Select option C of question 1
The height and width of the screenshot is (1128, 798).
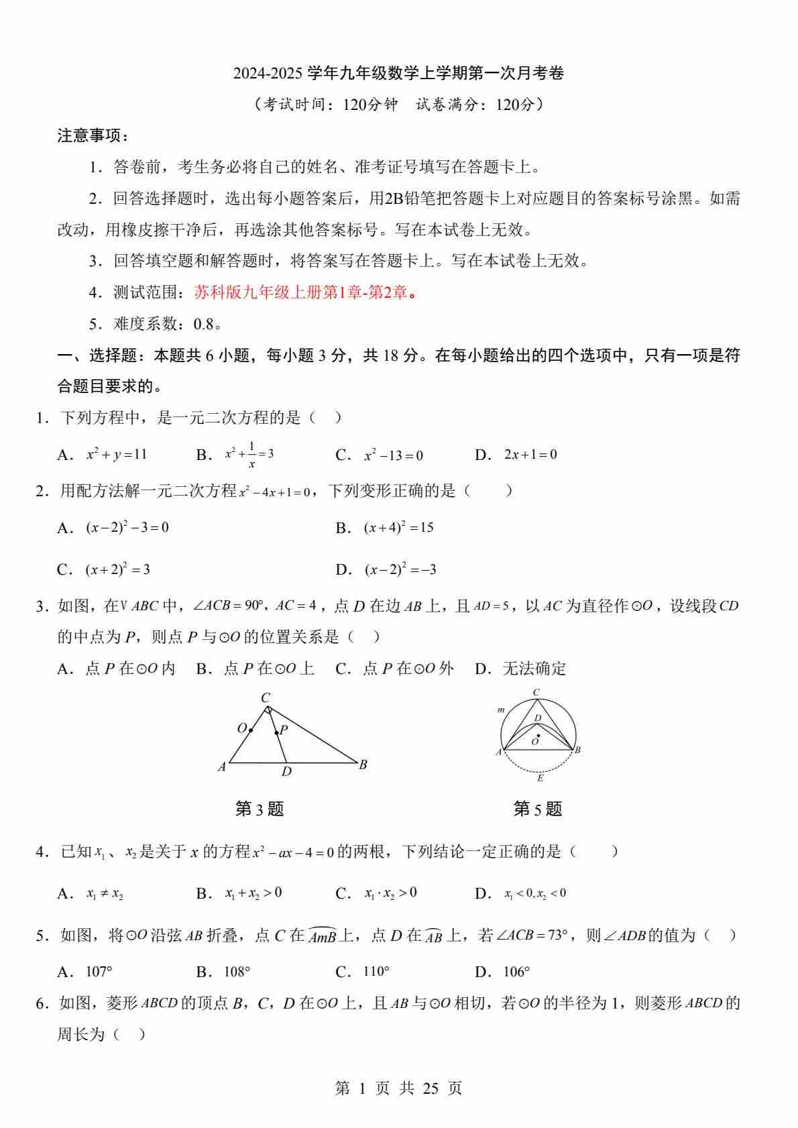click(x=393, y=455)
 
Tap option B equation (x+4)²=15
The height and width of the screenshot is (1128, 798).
click(x=398, y=528)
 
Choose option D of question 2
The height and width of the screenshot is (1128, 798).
click(x=400, y=570)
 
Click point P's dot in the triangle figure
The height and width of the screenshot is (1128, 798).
click(x=276, y=733)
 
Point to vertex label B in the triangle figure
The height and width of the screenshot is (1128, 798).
click(x=363, y=765)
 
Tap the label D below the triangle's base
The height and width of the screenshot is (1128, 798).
click(x=286, y=772)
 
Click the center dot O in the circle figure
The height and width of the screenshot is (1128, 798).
click(x=538, y=736)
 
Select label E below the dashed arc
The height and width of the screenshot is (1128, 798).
click(x=540, y=779)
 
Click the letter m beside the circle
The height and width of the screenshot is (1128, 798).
click(x=500, y=710)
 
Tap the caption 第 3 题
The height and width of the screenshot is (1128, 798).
click(x=260, y=809)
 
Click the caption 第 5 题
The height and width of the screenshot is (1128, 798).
click(x=537, y=809)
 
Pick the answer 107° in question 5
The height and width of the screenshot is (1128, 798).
click(x=99, y=972)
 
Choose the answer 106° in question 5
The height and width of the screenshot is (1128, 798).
click(x=516, y=972)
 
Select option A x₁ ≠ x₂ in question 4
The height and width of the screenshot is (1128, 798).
click(x=105, y=893)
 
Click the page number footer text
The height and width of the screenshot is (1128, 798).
click(x=398, y=1088)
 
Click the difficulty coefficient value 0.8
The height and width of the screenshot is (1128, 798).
click(x=203, y=324)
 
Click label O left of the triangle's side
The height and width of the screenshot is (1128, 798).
click(x=242, y=728)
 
